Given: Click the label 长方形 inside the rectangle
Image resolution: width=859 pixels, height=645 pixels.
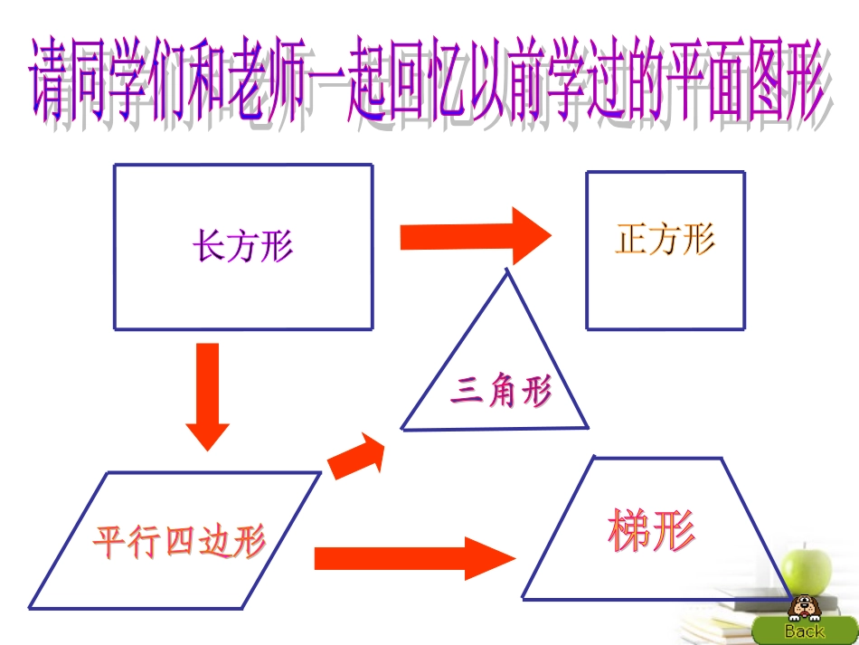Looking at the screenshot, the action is pos(242,245).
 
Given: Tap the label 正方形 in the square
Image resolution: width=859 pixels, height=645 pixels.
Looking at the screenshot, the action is pos(665,241).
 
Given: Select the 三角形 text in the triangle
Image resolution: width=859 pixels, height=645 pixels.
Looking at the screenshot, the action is pos(501,393).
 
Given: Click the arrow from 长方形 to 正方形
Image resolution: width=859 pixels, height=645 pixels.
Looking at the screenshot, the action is pos(475,236).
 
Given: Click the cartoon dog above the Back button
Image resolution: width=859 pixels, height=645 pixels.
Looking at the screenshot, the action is pos(801,607).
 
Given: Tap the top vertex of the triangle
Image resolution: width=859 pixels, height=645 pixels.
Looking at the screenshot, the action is pos(507,270).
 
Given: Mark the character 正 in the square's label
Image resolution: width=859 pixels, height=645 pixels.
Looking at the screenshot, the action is pos(631,241).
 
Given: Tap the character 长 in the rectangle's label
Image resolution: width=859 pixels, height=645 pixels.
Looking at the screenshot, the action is pos(208,245).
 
